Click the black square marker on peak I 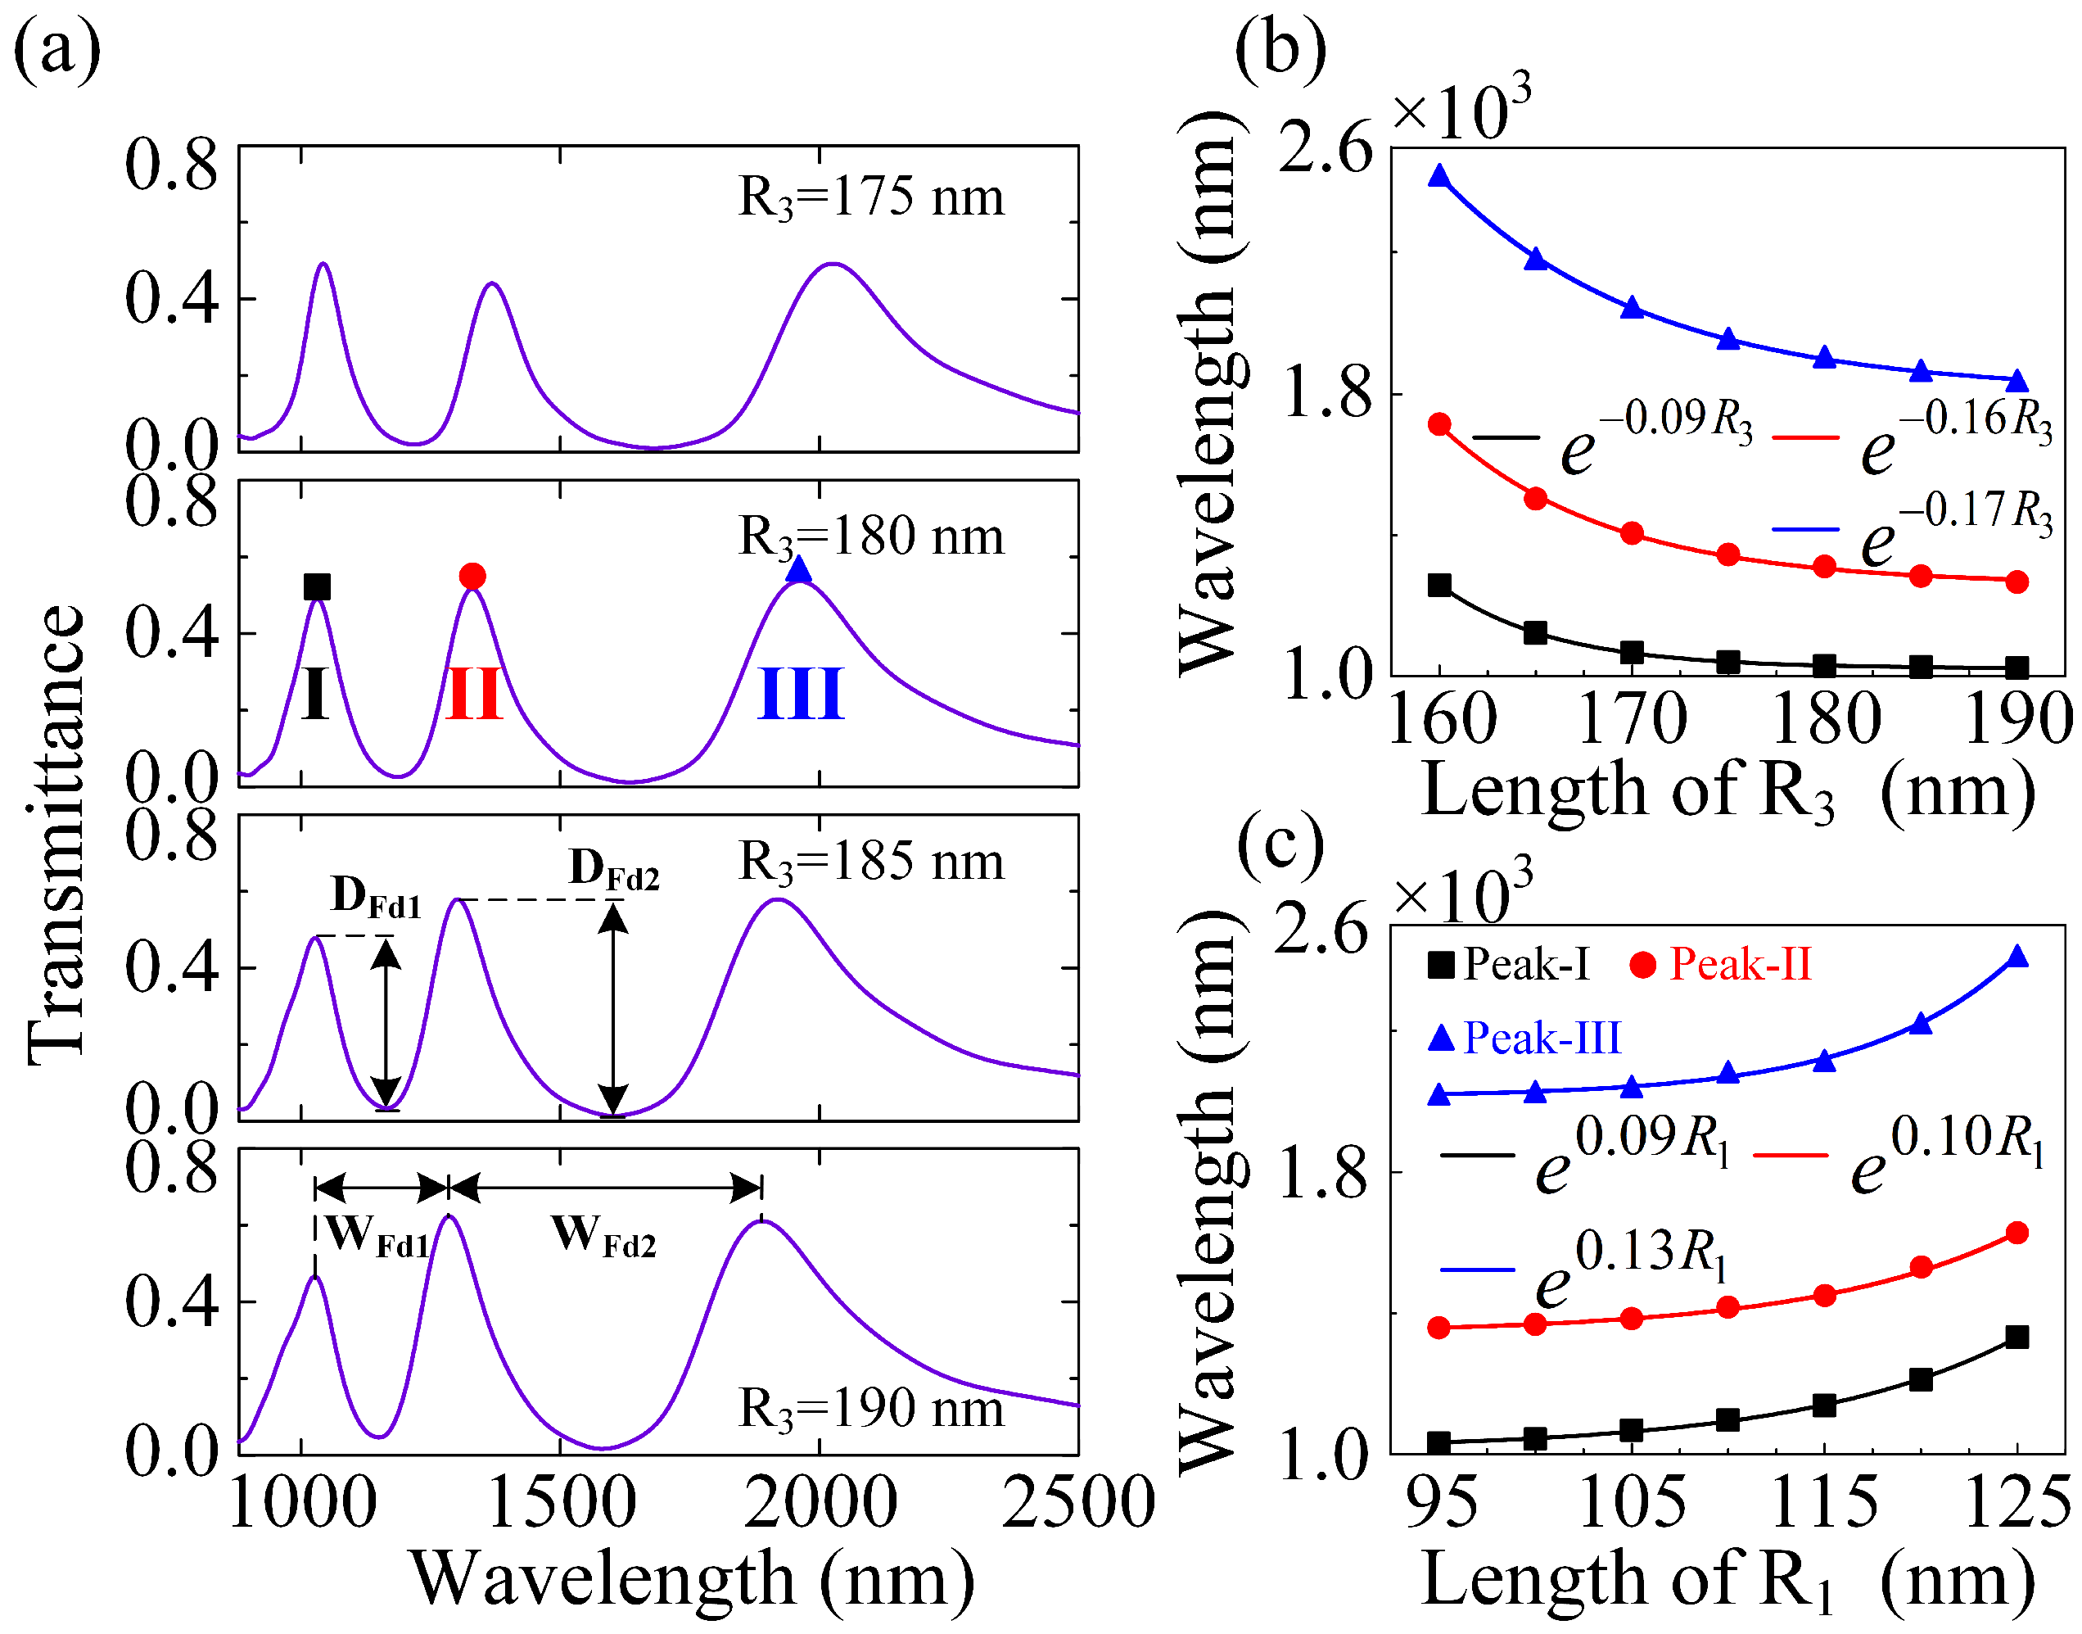[x=317, y=586]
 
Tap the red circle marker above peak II [x=472, y=576]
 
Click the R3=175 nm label [x=870, y=198]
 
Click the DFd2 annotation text [x=614, y=870]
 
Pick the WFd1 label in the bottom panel [x=377, y=1236]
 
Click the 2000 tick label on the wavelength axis [x=820, y=1503]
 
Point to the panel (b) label [x=1280, y=48]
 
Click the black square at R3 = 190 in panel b [x=2017, y=668]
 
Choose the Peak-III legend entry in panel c [x=1524, y=1038]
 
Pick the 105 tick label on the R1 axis [x=1632, y=1501]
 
